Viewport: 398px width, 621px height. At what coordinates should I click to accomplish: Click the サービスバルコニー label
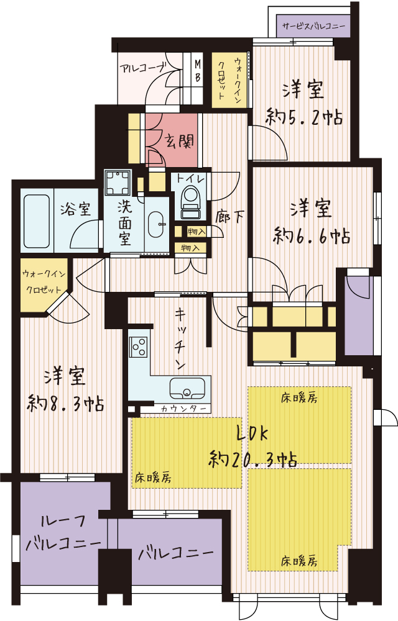click(x=313, y=27)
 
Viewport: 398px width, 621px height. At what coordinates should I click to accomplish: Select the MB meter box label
click(x=197, y=71)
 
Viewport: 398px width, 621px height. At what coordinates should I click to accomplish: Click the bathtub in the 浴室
click(x=37, y=221)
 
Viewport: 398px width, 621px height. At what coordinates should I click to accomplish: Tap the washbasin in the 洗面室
click(x=157, y=225)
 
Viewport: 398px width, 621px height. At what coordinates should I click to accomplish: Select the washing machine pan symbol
click(x=118, y=182)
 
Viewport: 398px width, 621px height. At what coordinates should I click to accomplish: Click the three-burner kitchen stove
click(x=139, y=347)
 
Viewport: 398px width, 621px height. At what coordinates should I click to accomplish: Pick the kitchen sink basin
click(x=188, y=388)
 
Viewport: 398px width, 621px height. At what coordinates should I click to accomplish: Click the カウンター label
click(x=184, y=409)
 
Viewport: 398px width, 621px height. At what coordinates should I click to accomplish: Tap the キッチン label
click(x=181, y=339)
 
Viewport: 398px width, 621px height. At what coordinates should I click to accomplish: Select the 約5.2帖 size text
click(x=304, y=117)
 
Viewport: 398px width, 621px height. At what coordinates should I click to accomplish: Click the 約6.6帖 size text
click(x=312, y=236)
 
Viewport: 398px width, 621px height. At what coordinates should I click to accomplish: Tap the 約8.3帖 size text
click(x=65, y=404)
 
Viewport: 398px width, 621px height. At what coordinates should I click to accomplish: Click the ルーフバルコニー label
click(x=63, y=533)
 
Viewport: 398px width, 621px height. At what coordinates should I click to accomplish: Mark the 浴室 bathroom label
click(x=75, y=209)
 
